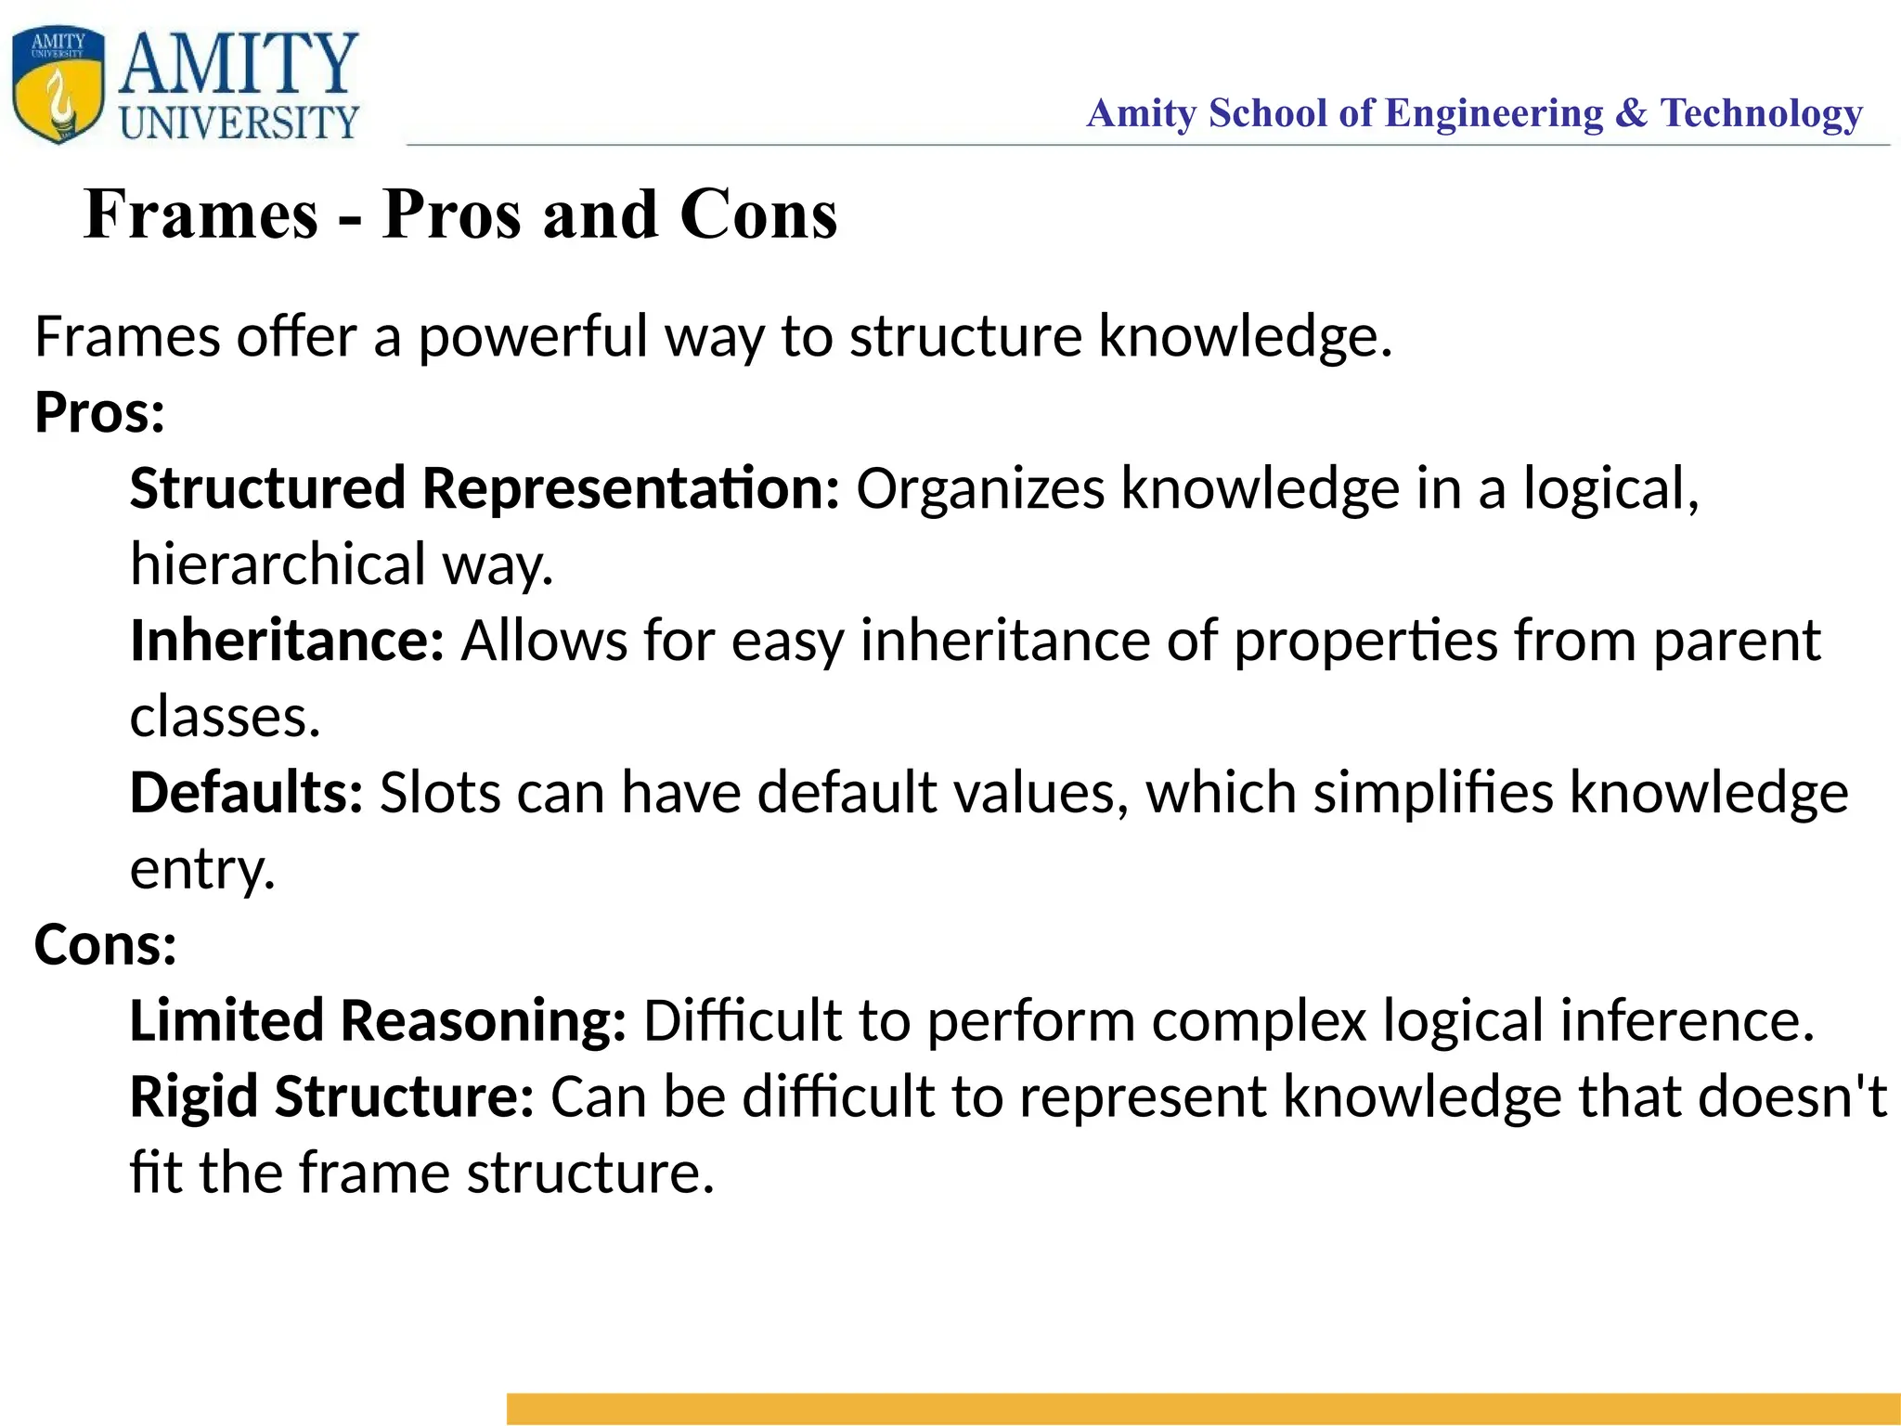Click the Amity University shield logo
coord(58,84)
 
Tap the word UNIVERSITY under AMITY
coord(239,123)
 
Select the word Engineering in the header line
coord(1494,113)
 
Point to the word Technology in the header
coord(1761,113)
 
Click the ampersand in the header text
coord(1631,113)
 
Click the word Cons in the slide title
coord(758,214)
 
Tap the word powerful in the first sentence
coord(533,336)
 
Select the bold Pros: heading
coord(99,412)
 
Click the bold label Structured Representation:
coord(485,488)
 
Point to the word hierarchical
coord(278,564)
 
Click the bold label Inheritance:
coord(288,641)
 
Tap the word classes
coord(225,717)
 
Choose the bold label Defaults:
coord(246,793)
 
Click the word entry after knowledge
coord(202,870)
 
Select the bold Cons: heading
coord(105,945)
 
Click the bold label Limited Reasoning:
coord(378,1021)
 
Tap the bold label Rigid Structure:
coord(331,1097)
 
